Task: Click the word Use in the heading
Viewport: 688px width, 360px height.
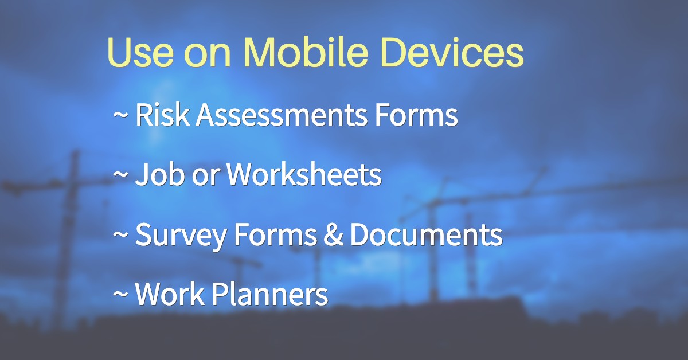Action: [x=140, y=52]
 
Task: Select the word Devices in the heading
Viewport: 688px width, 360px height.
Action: [x=452, y=51]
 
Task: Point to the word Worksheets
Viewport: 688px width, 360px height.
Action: [x=304, y=174]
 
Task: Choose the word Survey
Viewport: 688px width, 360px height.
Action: [x=181, y=234]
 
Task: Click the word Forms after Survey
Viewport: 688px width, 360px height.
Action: [x=275, y=234]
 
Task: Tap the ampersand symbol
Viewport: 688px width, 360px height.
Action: [x=333, y=234]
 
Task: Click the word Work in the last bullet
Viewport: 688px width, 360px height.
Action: [x=170, y=294]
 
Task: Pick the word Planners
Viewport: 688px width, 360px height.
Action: [x=270, y=294]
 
